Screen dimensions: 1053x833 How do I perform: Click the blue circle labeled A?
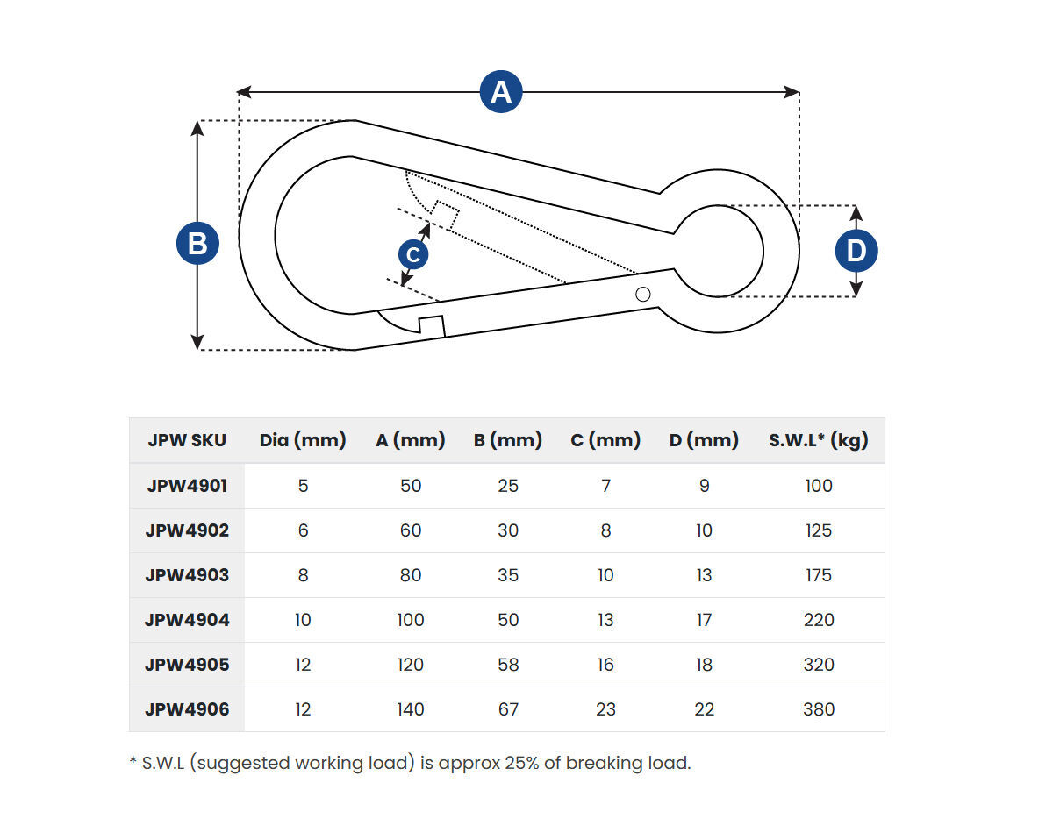500,92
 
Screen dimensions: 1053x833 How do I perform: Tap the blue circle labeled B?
197,243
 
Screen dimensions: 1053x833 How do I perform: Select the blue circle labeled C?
413,254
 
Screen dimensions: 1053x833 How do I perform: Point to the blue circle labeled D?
856,251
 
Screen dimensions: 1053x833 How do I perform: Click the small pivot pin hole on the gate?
642,294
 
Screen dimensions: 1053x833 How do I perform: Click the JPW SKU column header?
187,440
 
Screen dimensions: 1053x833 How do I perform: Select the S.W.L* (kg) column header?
818,440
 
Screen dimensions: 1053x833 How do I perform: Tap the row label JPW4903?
187,575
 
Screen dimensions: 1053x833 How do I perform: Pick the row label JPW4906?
187,709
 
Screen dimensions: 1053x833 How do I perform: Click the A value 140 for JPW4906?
410,709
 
